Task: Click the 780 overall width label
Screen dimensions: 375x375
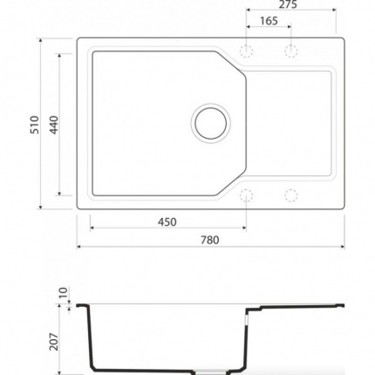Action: (x=209, y=238)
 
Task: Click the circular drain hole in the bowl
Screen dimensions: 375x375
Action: (x=211, y=122)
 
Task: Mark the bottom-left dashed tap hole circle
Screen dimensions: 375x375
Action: (x=246, y=194)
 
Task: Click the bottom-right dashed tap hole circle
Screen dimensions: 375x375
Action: (x=288, y=194)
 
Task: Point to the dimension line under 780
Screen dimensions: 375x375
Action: (x=209, y=246)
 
